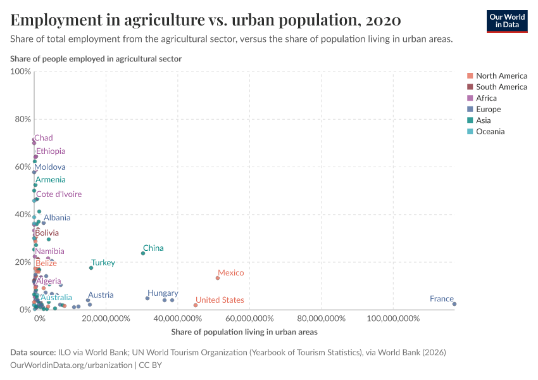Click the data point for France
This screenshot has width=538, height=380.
454,304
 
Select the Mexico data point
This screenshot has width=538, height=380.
218,278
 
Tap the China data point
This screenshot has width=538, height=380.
143,253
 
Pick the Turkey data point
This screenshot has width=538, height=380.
91,268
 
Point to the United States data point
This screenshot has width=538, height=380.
196,305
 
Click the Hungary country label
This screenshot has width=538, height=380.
163,293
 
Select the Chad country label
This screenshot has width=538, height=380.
44,138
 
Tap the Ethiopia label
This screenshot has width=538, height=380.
51,151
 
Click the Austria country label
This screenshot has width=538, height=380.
101,295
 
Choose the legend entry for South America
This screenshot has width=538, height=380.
501,87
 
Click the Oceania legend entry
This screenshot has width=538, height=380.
491,132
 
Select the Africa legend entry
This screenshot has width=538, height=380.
486,98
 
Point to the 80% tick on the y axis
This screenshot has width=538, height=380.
22,119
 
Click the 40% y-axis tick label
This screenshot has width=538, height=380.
22,214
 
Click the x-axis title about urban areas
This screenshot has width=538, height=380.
244,332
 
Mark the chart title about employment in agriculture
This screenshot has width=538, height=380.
206,20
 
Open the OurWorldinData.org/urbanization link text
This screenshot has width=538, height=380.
72,365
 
